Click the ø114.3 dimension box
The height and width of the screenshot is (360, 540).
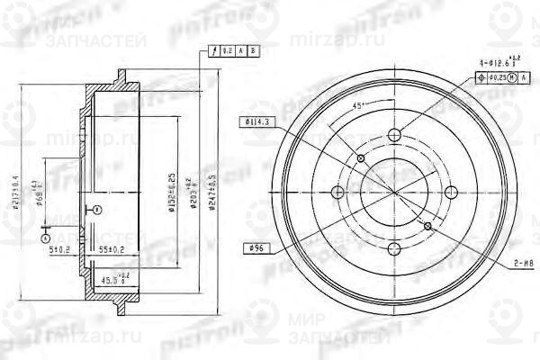click(x=256, y=121)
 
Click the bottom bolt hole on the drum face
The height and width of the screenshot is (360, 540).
click(x=393, y=249)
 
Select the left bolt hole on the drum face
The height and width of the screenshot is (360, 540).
click(x=337, y=193)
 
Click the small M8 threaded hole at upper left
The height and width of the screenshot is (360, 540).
click(x=361, y=159)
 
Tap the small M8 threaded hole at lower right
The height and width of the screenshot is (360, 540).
click(x=427, y=226)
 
